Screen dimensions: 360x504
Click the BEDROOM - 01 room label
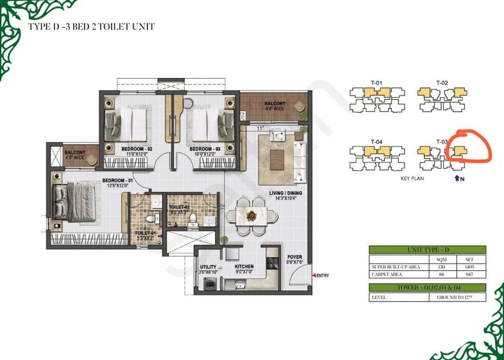click(x=117, y=180)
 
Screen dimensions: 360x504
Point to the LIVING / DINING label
click(x=285, y=193)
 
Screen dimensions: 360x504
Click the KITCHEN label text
click(x=244, y=267)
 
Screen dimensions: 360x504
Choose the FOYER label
click(x=295, y=257)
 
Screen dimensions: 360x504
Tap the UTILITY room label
click(x=208, y=267)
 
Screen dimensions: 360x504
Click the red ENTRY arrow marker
click(x=314, y=275)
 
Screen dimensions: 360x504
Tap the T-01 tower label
click(x=377, y=83)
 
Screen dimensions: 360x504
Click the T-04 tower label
click(x=377, y=141)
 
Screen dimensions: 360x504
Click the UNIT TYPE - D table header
click(x=427, y=250)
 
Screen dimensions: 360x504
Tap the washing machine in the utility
click(x=208, y=283)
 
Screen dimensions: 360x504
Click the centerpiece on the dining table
click(x=252, y=216)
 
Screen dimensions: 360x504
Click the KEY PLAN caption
click(x=412, y=179)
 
